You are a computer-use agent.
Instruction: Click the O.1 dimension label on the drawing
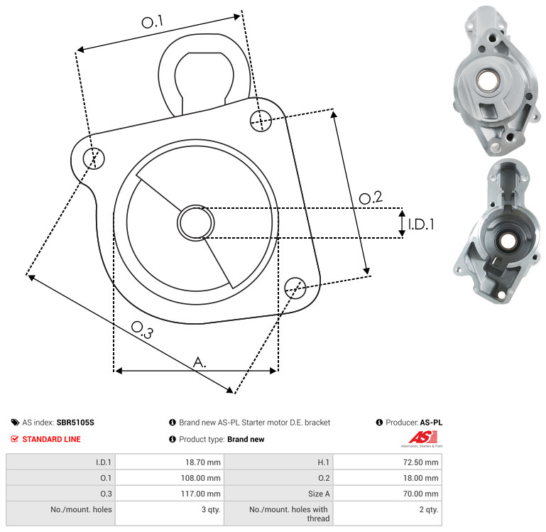[x=152, y=21]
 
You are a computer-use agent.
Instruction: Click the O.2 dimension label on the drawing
[x=371, y=197]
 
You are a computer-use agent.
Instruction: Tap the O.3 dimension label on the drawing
[x=142, y=330]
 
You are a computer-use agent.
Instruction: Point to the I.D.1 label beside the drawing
[x=421, y=224]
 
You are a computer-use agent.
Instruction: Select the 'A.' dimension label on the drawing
[x=200, y=362]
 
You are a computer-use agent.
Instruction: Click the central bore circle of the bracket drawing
[x=196, y=223]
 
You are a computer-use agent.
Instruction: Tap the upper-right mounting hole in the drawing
[x=261, y=121]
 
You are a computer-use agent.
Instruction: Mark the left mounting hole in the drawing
[x=94, y=158]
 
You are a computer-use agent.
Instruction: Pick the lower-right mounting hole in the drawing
[x=295, y=288]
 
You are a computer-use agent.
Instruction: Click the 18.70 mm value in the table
[x=202, y=462]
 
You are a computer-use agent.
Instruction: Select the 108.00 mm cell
[x=200, y=478]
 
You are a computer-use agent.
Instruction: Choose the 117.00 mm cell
[x=200, y=494]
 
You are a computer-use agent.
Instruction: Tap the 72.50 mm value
[x=420, y=462]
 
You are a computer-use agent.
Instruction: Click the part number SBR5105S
[x=75, y=423]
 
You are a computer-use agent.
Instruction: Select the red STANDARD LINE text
[x=52, y=440]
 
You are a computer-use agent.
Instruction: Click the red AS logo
[x=422, y=438]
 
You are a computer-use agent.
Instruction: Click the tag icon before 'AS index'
[x=15, y=423]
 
